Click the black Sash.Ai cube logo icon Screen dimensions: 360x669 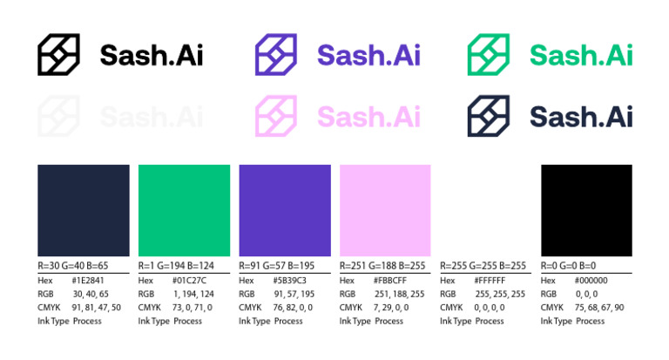(x=58, y=54)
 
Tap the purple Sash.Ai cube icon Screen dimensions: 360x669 (x=276, y=54)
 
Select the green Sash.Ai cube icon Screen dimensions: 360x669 (x=489, y=54)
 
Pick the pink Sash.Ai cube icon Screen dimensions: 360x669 (x=276, y=116)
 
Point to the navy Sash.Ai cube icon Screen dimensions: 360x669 (x=489, y=116)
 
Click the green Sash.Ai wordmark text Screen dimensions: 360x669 (x=581, y=55)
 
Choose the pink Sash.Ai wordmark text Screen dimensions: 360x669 (x=368, y=116)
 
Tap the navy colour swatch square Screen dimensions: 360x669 (x=83, y=210)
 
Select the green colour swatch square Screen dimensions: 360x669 (x=184, y=210)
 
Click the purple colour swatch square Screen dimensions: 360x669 (x=285, y=210)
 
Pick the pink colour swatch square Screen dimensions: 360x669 (x=385, y=210)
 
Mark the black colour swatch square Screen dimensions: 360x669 (x=586, y=210)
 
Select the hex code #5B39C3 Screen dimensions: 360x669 (x=288, y=281)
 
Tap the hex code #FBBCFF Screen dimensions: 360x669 (x=389, y=281)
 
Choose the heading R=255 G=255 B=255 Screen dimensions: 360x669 (x=483, y=266)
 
